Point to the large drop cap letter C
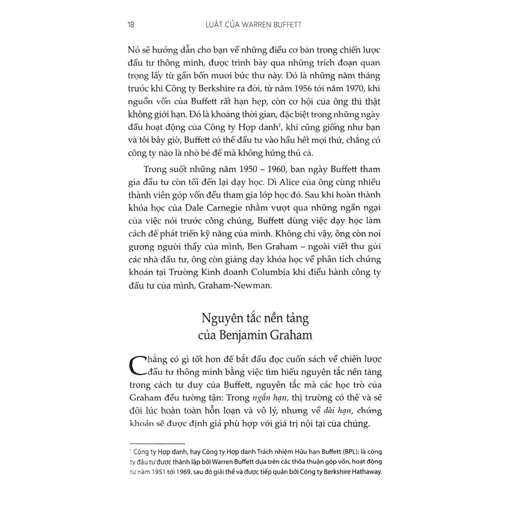point(138,367)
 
